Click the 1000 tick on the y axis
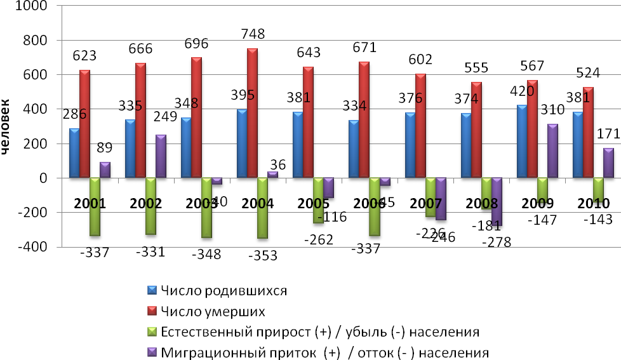(x=39, y=6)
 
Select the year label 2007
(x=426, y=204)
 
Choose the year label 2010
(x=593, y=204)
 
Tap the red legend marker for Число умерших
(x=152, y=311)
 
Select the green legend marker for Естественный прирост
(x=152, y=331)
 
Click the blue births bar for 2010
(x=577, y=145)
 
